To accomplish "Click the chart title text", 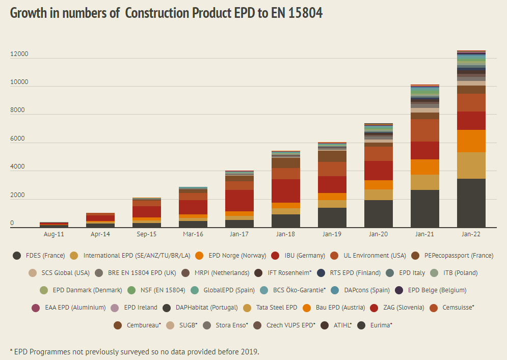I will point(166,13).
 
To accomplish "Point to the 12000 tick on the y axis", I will point(19,54).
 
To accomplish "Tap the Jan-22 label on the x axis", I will point(471,234).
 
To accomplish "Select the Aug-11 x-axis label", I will point(54,234).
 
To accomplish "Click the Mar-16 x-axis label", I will point(193,234).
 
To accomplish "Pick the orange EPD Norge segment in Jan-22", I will point(471,141).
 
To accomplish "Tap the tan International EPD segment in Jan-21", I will point(424,182).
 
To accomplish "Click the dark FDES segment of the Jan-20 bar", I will point(378,213).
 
